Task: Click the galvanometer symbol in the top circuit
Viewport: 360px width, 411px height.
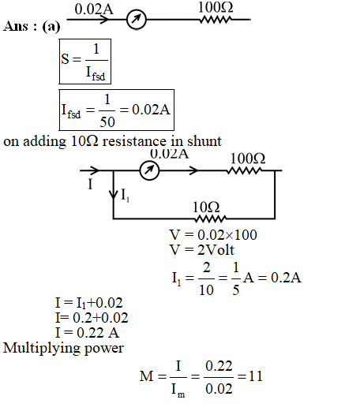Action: (x=136, y=19)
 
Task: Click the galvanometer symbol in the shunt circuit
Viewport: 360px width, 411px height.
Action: (x=149, y=170)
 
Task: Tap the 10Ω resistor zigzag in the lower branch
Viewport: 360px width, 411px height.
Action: (x=210, y=219)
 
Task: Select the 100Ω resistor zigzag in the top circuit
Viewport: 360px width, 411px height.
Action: (x=216, y=20)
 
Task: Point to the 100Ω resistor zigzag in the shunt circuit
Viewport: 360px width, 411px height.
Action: (x=244, y=170)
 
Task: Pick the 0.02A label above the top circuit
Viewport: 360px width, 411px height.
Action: (x=94, y=9)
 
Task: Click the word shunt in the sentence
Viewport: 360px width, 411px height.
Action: (x=204, y=141)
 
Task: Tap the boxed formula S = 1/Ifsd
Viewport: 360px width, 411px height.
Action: (x=85, y=62)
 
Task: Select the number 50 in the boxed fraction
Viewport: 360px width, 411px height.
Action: (x=107, y=121)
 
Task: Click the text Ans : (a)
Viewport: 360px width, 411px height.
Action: (x=32, y=27)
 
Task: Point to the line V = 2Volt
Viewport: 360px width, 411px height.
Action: (x=202, y=249)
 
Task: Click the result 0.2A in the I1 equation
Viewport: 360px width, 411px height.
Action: (x=286, y=278)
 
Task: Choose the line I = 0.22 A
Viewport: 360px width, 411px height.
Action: (x=88, y=333)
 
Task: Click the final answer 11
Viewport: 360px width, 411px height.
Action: (x=256, y=376)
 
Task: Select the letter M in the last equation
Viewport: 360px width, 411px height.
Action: (x=146, y=376)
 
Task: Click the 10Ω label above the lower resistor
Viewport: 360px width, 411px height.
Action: (x=206, y=207)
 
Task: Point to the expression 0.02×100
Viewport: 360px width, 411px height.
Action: (x=227, y=235)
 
